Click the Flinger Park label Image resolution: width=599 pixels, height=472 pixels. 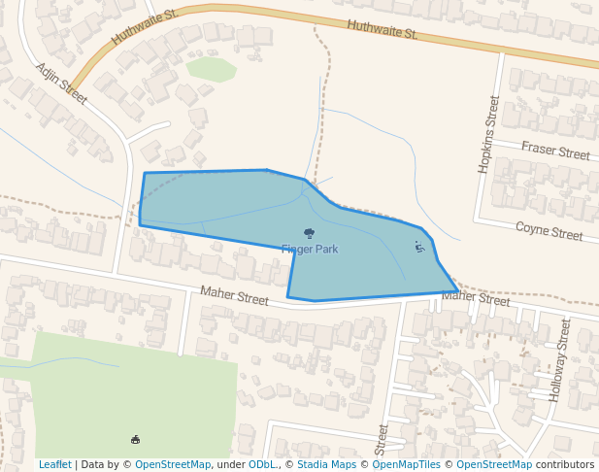310,250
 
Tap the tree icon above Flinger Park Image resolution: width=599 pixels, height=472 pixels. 309,233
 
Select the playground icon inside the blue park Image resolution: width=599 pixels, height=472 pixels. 419,247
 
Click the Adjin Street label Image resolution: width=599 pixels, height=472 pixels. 61,84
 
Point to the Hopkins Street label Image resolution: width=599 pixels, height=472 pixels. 487,135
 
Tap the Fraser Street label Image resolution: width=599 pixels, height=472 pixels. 555,151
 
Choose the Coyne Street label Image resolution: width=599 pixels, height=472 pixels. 549,231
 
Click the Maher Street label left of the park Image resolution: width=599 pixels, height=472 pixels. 234,295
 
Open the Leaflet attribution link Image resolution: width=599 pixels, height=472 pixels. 54,464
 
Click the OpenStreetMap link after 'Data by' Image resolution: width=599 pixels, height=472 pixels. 173,464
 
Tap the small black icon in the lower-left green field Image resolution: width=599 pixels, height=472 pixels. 135,440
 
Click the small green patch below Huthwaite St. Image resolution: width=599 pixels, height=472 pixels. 212,69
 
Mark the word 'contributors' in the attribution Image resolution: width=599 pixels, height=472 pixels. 565,464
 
